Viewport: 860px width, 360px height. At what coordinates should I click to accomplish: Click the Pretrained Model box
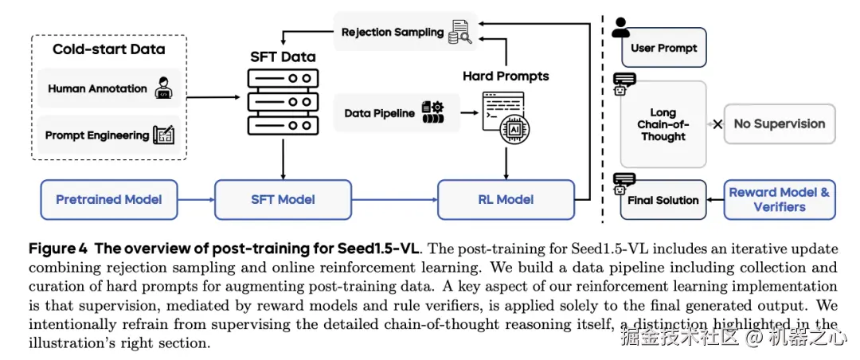point(109,199)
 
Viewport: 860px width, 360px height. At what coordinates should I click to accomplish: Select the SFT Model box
point(283,199)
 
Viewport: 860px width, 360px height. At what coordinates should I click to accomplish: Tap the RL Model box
point(505,199)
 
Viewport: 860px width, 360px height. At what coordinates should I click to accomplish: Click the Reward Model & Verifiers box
point(779,199)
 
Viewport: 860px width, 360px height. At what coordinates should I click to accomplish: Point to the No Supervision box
point(779,123)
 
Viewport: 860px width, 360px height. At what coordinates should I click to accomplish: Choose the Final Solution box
point(663,200)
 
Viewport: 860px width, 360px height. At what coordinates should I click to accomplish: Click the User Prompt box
point(663,48)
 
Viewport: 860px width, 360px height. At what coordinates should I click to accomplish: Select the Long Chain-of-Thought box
point(663,124)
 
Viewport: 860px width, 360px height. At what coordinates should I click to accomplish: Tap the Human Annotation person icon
point(163,88)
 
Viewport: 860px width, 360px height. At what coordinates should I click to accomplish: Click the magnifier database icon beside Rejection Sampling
point(459,33)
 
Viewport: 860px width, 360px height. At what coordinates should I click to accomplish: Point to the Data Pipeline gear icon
point(432,112)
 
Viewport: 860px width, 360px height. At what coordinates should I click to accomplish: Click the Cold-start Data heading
point(108,49)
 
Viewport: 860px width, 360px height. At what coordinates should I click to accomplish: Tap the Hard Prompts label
point(506,76)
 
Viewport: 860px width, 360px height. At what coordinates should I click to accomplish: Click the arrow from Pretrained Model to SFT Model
point(196,199)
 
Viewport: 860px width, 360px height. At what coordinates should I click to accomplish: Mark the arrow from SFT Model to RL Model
point(395,199)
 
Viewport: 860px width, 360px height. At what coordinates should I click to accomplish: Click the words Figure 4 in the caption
point(59,248)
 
